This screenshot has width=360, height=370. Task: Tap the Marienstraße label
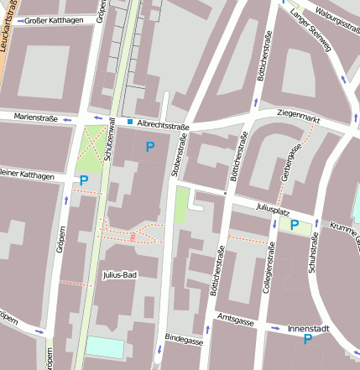click(36, 118)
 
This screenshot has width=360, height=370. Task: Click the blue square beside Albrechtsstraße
click(129, 122)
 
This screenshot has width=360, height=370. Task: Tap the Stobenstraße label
click(177, 154)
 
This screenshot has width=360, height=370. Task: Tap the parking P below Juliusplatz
click(295, 224)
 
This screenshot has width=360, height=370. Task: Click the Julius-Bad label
click(119, 274)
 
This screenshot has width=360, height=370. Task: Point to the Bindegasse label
click(184, 341)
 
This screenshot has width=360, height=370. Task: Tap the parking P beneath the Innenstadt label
click(308, 340)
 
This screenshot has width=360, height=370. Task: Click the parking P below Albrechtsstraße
click(149, 147)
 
